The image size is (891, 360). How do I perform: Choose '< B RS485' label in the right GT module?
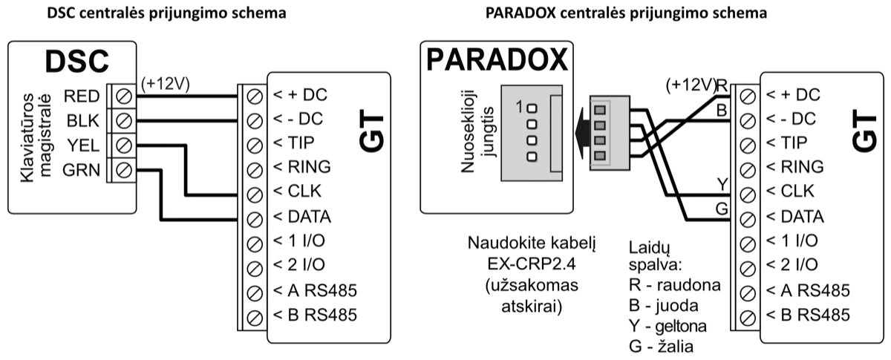tap(808, 314)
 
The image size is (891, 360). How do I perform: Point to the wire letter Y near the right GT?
tap(721, 182)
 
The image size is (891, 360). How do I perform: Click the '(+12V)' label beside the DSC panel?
tap(166, 84)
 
